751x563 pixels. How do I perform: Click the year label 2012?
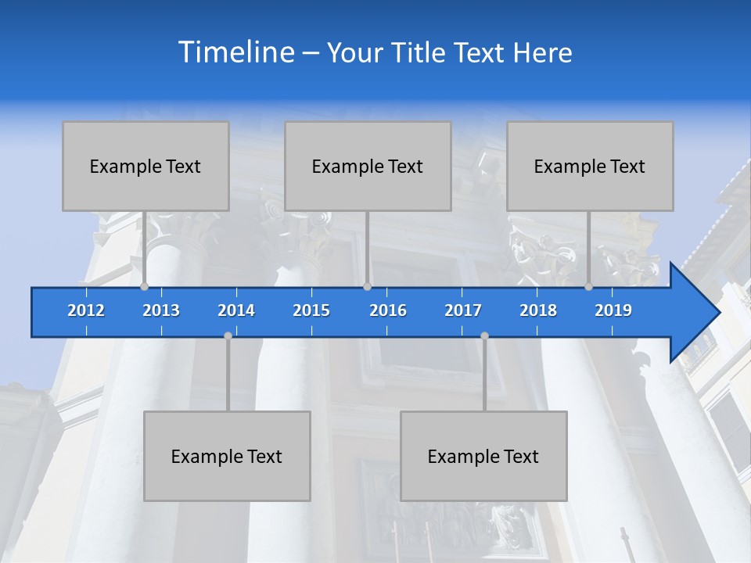(x=86, y=310)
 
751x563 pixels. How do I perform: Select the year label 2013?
(x=161, y=310)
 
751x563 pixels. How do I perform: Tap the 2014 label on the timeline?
(x=236, y=310)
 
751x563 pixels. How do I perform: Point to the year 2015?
(x=311, y=310)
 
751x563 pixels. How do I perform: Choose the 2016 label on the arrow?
(x=388, y=310)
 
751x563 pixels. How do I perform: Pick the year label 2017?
(x=463, y=310)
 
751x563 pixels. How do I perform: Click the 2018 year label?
(x=538, y=310)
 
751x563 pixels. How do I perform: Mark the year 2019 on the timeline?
(x=613, y=310)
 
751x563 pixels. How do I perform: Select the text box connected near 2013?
(x=146, y=166)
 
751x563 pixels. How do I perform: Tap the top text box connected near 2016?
(x=368, y=166)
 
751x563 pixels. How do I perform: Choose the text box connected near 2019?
(x=590, y=166)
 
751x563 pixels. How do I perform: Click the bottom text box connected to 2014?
(x=227, y=456)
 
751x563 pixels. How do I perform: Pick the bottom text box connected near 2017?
(x=483, y=456)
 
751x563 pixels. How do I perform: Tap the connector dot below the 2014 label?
(x=228, y=335)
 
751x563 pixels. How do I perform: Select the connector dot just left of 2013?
(x=145, y=287)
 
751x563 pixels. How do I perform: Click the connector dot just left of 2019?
(x=588, y=287)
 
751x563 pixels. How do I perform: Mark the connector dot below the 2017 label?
(x=484, y=335)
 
